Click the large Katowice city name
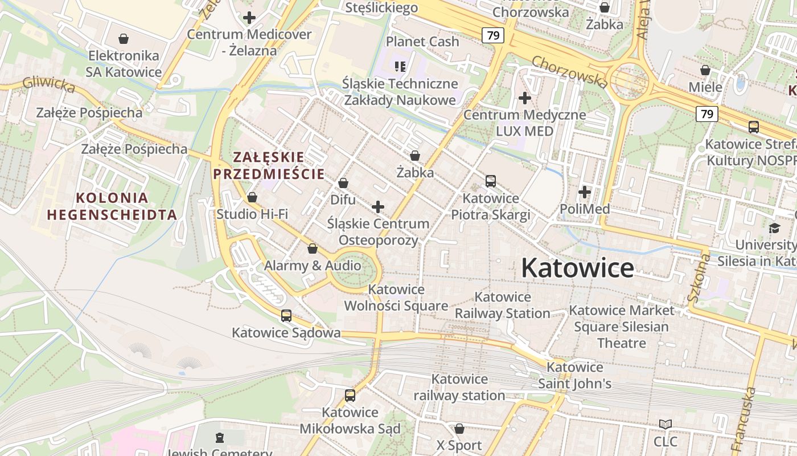tap(577, 268)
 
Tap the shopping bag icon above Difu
tap(343, 183)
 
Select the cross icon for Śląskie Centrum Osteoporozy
tap(378, 207)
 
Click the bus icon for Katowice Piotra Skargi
tap(491, 181)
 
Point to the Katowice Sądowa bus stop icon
tap(286, 315)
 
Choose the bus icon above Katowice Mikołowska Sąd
tap(350, 395)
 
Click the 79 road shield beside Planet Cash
tap(493, 35)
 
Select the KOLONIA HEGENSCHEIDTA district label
tap(112, 206)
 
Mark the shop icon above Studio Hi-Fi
tap(252, 197)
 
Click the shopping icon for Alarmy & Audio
tap(313, 249)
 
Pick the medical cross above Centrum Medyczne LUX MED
tap(525, 98)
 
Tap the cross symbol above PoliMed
tap(585, 192)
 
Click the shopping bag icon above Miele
tap(705, 70)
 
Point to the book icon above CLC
tap(665, 424)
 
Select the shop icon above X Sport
tap(459, 428)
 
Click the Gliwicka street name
tap(49, 85)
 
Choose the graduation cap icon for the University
tap(774, 229)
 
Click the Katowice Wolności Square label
tap(396, 298)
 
